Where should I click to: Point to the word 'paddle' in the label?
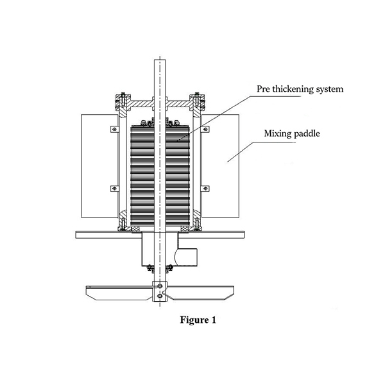(311, 133)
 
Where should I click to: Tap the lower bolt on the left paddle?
(113, 187)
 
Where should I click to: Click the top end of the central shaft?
(158, 62)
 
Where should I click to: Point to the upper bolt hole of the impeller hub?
(158, 286)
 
